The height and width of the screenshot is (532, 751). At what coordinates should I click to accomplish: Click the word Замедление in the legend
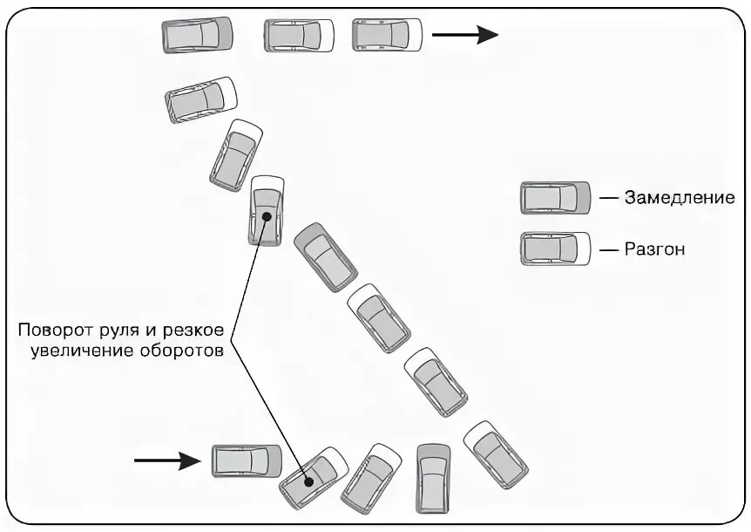(x=679, y=198)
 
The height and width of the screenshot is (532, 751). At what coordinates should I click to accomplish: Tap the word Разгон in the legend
(x=654, y=249)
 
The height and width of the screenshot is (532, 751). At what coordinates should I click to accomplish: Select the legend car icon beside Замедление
(x=555, y=198)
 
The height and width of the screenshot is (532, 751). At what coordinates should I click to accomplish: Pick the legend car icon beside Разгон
(x=555, y=249)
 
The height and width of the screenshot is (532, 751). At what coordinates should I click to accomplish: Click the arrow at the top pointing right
(x=464, y=35)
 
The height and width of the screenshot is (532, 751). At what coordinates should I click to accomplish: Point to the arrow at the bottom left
(x=166, y=460)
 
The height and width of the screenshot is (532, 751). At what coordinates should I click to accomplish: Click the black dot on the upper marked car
(x=267, y=215)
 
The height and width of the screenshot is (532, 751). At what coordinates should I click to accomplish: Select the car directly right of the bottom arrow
(x=247, y=460)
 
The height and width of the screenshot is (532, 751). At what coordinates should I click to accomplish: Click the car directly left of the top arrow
(x=387, y=35)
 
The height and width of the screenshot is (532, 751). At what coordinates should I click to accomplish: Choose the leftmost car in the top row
(x=198, y=36)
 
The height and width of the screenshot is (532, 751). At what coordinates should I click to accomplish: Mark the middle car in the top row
(x=299, y=35)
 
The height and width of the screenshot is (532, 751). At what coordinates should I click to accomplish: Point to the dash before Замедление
(x=607, y=198)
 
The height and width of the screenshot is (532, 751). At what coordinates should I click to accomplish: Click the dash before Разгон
(x=607, y=249)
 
